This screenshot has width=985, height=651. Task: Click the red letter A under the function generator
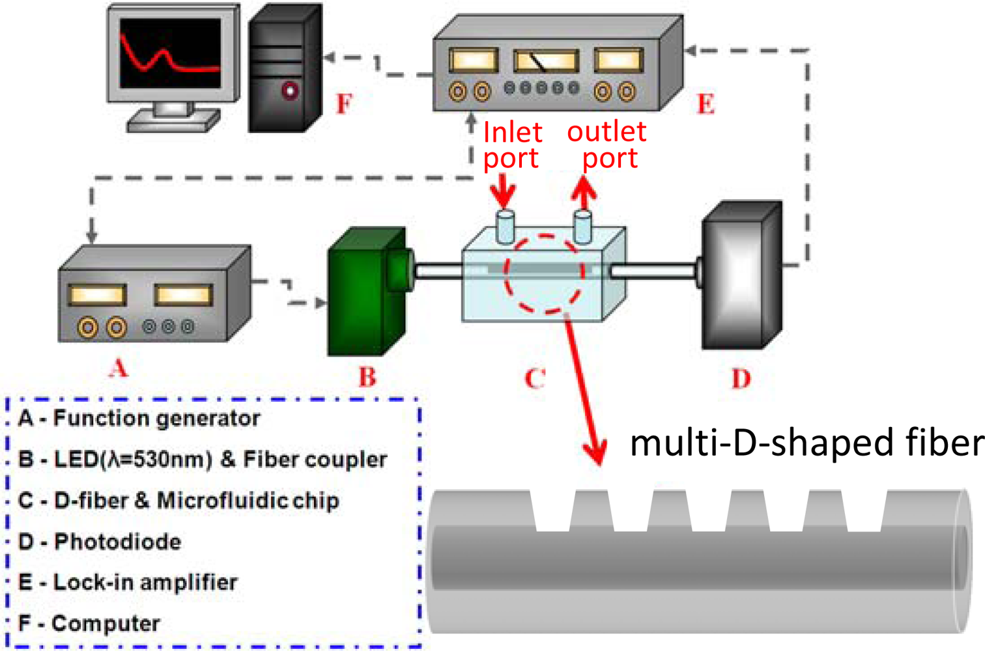pyautogui.click(x=118, y=368)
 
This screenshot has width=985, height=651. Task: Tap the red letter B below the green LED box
pyautogui.click(x=367, y=377)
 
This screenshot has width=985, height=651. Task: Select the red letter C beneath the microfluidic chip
pyautogui.click(x=535, y=378)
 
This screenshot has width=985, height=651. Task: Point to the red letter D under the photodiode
pyautogui.click(x=741, y=378)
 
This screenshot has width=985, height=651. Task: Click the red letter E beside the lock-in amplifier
pyautogui.click(x=706, y=104)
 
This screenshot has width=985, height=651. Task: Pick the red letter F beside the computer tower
pyautogui.click(x=344, y=104)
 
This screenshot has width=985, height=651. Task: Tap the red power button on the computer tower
pyautogui.click(x=290, y=90)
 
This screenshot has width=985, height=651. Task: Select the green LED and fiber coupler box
pyautogui.click(x=365, y=293)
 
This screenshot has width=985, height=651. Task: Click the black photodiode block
pyautogui.click(x=739, y=277)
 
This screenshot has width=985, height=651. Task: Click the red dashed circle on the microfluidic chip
pyautogui.click(x=544, y=274)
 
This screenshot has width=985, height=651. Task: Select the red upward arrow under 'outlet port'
pyautogui.click(x=584, y=193)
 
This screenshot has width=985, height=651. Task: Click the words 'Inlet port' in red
pyautogui.click(x=512, y=145)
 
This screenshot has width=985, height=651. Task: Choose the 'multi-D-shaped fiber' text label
pyautogui.click(x=807, y=443)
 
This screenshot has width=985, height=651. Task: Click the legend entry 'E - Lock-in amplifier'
pyautogui.click(x=128, y=582)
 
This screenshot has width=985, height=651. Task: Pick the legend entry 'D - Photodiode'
pyautogui.click(x=100, y=542)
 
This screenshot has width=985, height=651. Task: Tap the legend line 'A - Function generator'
pyautogui.click(x=139, y=418)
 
